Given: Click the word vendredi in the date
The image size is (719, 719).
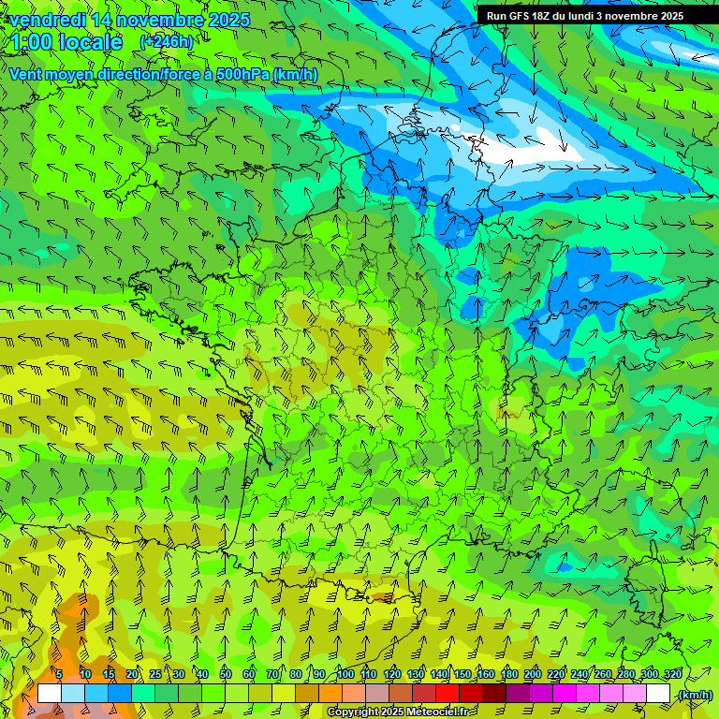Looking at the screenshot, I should pos(47,20).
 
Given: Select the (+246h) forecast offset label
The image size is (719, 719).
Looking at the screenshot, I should pos(167,42).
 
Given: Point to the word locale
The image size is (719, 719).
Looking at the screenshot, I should pos(90,42).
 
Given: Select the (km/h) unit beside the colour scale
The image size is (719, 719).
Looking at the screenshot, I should pos(694,694).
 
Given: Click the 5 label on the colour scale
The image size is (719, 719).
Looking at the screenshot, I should pos(59,674).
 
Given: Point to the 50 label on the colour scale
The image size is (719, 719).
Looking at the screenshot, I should pos(226,674).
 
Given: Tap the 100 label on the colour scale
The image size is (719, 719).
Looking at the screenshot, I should pos(345,674).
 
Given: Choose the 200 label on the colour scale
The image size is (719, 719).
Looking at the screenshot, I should pos(533,674).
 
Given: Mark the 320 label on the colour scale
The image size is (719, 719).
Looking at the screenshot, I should pos(673,674).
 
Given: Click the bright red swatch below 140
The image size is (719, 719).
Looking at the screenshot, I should pos(447,693).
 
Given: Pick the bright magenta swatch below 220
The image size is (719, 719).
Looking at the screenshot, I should pos(564,693).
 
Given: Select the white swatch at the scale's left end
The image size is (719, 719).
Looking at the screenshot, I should pos(50,693).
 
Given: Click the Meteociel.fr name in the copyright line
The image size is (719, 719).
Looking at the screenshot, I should pos(435,712).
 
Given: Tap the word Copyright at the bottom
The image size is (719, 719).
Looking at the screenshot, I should pos(353,712).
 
